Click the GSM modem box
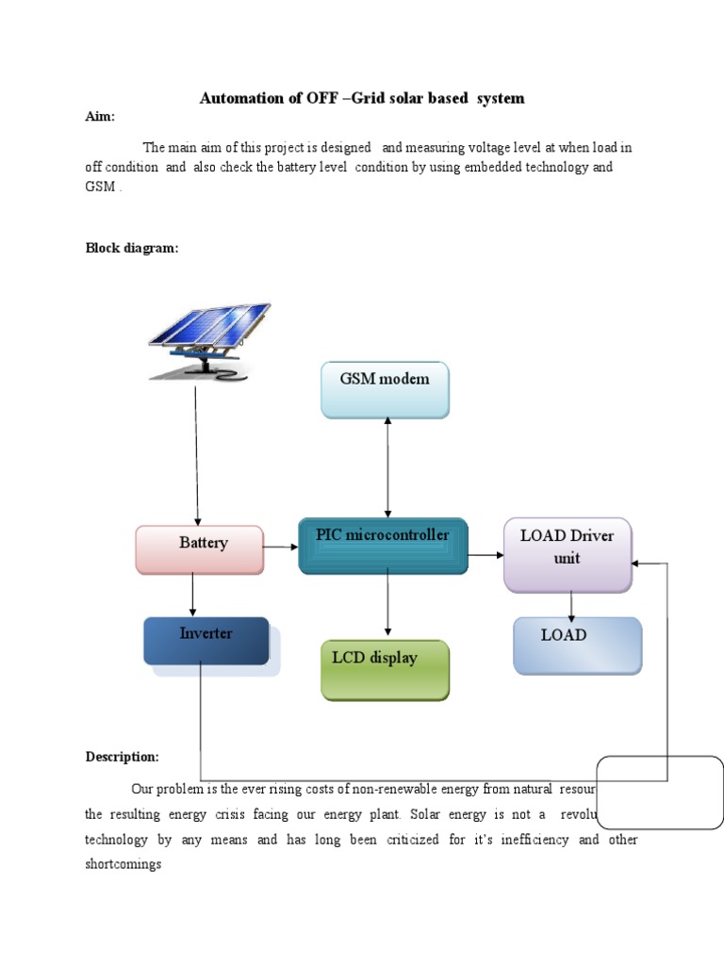click(385, 389)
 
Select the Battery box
click(200, 549)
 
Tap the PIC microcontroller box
click(383, 546)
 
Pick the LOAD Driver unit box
click(568, 555)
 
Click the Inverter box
click(206, 641)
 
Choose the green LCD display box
click(386, 669)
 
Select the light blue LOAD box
click(577, 646)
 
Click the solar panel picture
click(209, 339)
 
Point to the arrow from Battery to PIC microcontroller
click(281, 547)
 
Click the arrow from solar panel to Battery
click(196, 452)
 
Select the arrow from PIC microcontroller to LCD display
click(387, 604)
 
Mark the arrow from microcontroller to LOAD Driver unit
click(486, 555)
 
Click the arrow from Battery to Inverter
click(193, 595)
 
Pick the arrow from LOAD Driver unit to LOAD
click(571, 605)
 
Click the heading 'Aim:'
click(100, 116)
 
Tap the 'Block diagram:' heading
click(132, 248)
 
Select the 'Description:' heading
click(123, 757)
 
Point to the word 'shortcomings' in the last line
click(123, 863)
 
